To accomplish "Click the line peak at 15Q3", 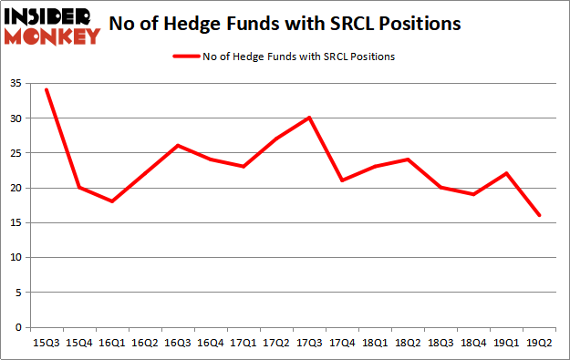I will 46,89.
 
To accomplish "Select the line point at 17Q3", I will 309,118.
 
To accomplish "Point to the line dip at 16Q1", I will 111,201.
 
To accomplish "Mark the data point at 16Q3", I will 178,145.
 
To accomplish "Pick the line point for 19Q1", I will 507,173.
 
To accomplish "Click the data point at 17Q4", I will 342,180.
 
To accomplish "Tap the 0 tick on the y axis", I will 19,327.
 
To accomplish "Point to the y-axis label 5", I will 19,293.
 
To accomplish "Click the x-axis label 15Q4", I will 78,343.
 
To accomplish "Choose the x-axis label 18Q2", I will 409,343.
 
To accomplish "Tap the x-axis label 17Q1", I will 244,343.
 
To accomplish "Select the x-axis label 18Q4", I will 474,343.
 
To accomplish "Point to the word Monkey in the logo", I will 52,36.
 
